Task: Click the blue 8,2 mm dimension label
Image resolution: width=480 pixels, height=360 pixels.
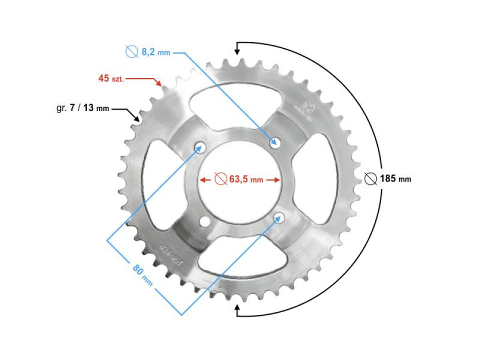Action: [155, 51]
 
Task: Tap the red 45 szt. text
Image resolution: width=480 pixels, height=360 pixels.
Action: [110, 78]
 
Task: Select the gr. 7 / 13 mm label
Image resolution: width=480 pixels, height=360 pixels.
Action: [82, 108]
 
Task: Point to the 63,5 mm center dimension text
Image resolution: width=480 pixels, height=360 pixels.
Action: [246, 179]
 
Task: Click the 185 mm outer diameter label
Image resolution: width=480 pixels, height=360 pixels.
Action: [395, 178]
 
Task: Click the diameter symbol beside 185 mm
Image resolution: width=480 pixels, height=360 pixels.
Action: [370, 178]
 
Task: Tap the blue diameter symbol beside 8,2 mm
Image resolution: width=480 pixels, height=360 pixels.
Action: [131, 51]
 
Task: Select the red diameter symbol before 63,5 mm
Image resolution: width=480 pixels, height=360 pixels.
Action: [220, 179]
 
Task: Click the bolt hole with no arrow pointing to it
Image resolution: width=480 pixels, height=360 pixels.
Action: [204, 221]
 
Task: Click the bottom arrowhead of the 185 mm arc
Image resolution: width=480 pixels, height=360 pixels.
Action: [237, 310]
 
